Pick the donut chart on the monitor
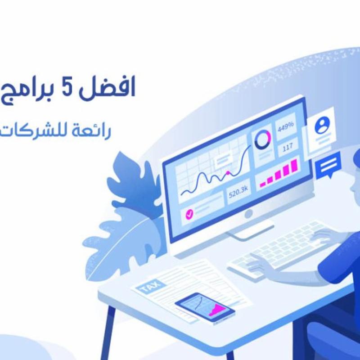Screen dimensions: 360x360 262,139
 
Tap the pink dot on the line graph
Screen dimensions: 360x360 228,172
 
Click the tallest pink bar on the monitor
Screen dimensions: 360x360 294,165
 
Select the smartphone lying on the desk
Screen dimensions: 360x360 205,308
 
